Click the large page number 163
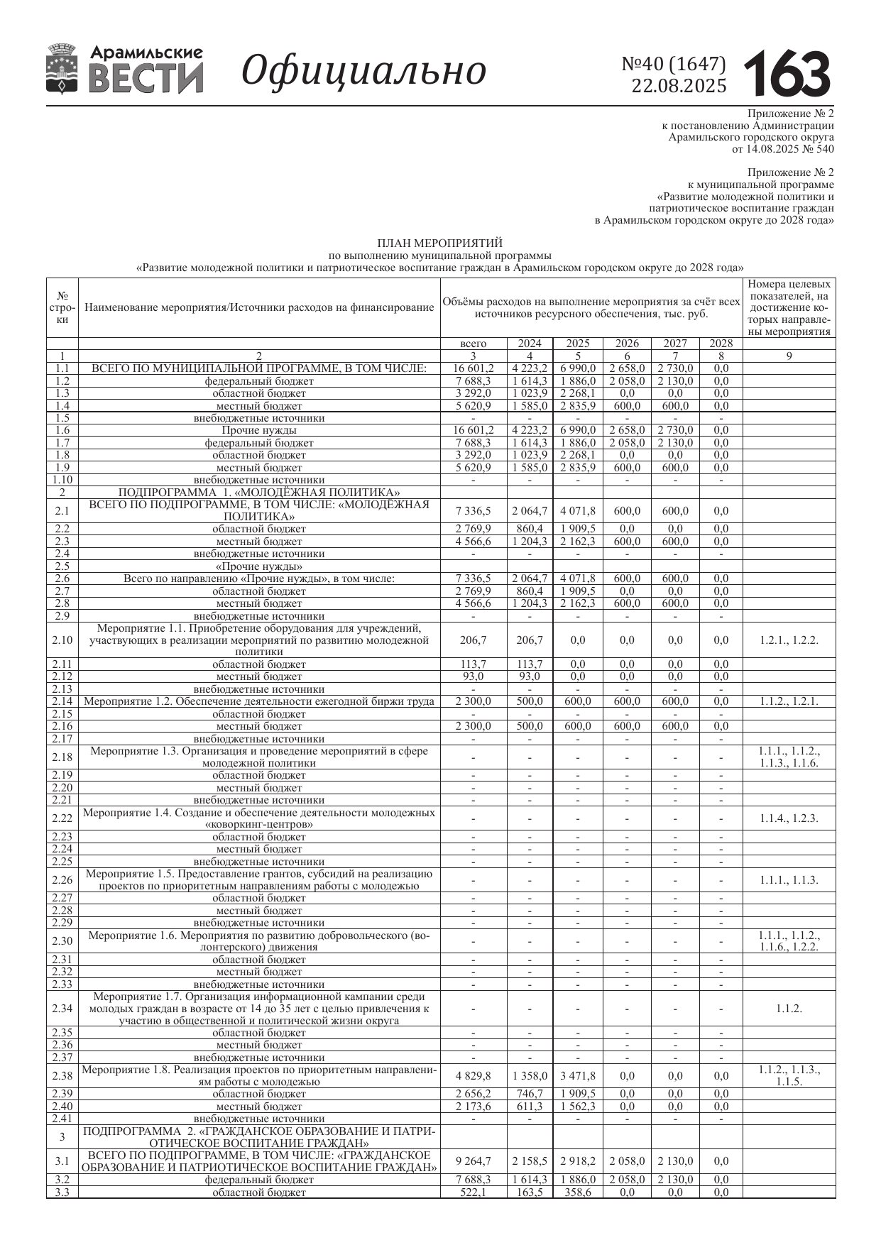click(x=787, y=73)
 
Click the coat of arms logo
click(x=62, y=69)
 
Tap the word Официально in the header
click(x=363, y=70)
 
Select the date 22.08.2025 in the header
click(x=679, y=87)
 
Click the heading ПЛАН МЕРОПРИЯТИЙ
click(x=439, y=243)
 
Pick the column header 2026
click(x=627, y=344)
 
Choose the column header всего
click(x=474, y=344)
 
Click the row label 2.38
click(x=62, y=1076)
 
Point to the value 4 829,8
click(x=474, y=1076)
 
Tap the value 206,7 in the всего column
click(x=474, y=640)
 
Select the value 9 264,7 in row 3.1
click(x=474, y=1161)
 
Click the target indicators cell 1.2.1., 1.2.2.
click(x=789, y=640)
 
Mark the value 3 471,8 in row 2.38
click(x=578, y=1076)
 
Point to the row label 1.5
click(x=62, y=418)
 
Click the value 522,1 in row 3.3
click(x=474, y=1192)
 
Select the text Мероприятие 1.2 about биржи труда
click(x=259, y=701)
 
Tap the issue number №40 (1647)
click(x=674, y=65)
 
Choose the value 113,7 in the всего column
click(x=474, y=664)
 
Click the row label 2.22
click(x=62, y=818)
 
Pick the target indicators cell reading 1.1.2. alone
click(x=789, y=1009)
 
